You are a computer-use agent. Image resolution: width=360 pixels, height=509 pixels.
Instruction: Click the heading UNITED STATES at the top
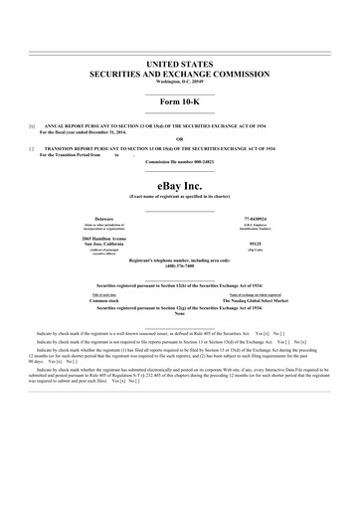[x=180, y=63]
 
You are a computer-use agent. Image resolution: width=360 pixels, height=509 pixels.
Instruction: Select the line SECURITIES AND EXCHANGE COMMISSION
[x=180, y=73]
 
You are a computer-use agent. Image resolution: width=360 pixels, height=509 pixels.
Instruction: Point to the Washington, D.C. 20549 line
[x=180, y=82]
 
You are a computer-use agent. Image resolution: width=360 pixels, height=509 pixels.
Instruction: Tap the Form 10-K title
[x=180, y=105]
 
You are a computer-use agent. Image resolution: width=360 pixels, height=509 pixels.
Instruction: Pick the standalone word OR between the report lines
[x=180, y=138]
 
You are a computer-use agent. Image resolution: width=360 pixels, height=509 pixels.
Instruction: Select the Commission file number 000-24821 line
[x=180, y=161]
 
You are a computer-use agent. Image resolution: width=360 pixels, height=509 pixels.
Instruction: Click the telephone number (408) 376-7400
[x=180, y=265]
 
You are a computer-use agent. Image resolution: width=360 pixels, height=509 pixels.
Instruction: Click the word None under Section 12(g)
[x=180, y=315]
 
